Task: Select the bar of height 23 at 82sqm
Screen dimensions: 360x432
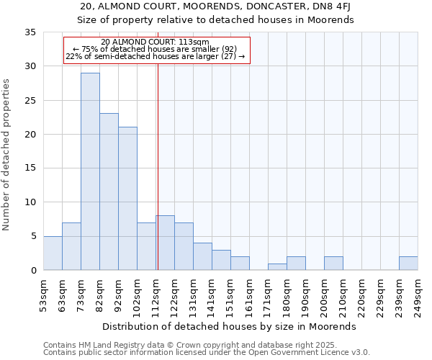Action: point(109,192)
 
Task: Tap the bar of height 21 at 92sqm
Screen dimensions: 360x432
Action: point(127,199)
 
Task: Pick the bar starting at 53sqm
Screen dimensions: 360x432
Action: point(53,253)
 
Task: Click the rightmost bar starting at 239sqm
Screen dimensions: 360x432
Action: point(408,264)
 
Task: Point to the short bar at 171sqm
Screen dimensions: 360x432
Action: point(277,267)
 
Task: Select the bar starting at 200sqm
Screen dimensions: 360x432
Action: point(333,264)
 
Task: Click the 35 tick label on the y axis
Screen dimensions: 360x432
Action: point(30,32)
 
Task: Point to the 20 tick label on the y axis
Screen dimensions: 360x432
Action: point(30,135)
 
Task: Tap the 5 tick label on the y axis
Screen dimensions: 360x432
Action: point(33,236)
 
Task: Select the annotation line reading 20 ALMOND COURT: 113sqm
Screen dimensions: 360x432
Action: point(156,42)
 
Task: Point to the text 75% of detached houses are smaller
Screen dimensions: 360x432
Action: point(156,49)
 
